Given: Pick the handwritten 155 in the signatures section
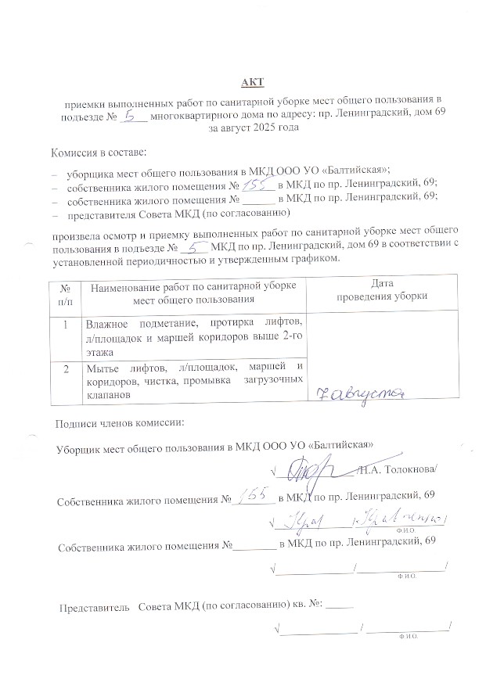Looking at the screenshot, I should (254, 496).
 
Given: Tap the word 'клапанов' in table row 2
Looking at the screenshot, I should (104, 395).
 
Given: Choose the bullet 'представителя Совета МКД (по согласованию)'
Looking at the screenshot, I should (179, 212).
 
